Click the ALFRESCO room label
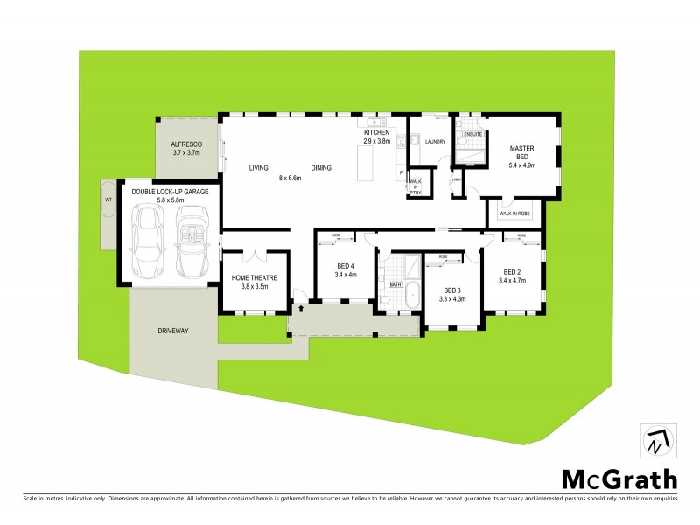186,143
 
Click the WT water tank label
108,199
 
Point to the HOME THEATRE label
254,277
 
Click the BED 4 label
346,266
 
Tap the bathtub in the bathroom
411,297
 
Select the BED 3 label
452,290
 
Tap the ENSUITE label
473,134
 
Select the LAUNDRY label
435,142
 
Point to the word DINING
321,167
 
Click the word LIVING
258,167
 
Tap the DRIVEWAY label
173,330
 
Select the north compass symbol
654,441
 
